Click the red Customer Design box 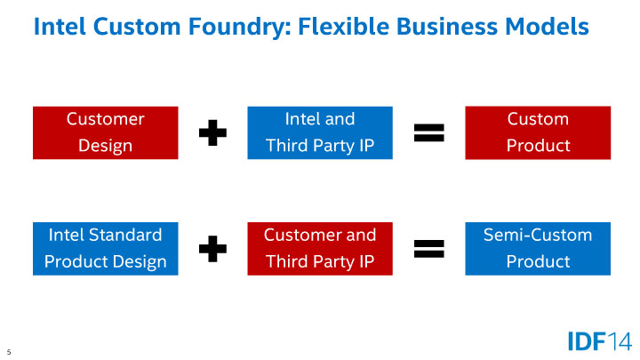click(x=105, y=132)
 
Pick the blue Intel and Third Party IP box click(x=319, y=132)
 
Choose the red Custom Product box click(x=538, y=132)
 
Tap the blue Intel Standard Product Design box click(x=105, y=248)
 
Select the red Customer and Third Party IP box click(x=319, y=248)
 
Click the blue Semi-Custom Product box click(x=538, y=248)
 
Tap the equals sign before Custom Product click(x=428, y=133)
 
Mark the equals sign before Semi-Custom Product click(x=428, y=249)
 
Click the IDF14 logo click(x=599, y=340)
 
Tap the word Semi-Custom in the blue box click(x=538, y=236)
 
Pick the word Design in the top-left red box click(x=105, y=145)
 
